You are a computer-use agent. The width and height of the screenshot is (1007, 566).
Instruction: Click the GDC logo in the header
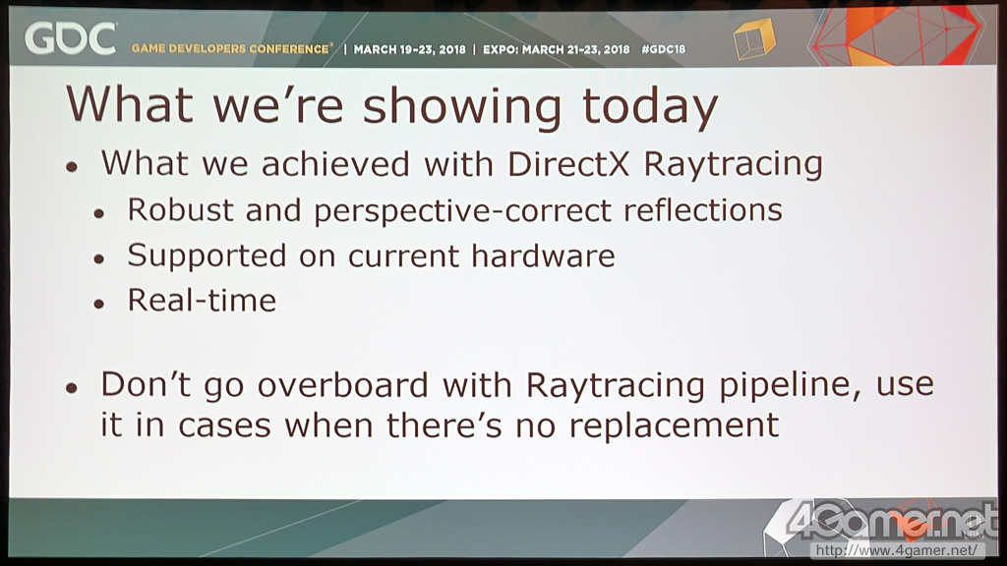pos(71,38)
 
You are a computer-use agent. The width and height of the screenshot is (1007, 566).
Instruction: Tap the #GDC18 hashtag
pos(664,49)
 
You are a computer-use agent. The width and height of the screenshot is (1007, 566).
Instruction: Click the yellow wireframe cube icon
pos(754,38)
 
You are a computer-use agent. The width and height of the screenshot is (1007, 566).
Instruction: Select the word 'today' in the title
pos(650,106)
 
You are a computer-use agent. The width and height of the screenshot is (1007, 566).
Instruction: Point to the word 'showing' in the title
pos(462,107)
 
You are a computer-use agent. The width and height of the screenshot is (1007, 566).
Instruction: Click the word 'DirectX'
pos(568,164)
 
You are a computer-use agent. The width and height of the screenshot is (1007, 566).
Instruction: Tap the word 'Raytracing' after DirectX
pos(733,165)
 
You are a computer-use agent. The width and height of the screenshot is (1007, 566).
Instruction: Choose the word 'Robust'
pos(181,210)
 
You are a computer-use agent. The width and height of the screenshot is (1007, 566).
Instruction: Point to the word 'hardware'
pos(543,255)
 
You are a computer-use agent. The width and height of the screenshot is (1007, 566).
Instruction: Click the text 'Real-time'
pos(202,301)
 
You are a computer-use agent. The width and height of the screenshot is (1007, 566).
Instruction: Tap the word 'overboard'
pos(343,385)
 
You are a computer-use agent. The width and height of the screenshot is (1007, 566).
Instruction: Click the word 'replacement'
pos(674,426)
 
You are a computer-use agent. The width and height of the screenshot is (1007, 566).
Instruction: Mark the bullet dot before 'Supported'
pos(99,259)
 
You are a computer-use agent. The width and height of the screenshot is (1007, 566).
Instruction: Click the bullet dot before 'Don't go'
pos(71,388)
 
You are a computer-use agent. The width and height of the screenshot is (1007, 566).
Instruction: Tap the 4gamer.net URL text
pos(896,550)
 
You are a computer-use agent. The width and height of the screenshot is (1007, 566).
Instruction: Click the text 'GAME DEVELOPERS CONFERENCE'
pos(232,49)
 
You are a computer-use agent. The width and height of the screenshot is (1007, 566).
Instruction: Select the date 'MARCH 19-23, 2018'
pos(409,49)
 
